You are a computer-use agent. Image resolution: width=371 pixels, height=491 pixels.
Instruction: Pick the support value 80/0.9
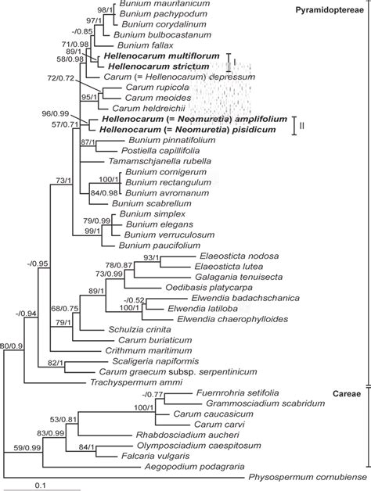(16, 345)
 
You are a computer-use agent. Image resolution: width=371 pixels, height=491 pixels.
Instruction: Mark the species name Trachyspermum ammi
(127, 383)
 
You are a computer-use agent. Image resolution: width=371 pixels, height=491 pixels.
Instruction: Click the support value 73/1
(61, 181)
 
